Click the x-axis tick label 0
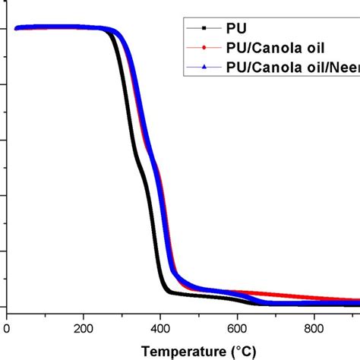tap(7, 328)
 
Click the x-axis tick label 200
tap(84, 328)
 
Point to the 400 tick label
tap(160, 328)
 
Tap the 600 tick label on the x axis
tap(237, 328)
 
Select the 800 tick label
tap(314, 328)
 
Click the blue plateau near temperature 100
tap(46, 28)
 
